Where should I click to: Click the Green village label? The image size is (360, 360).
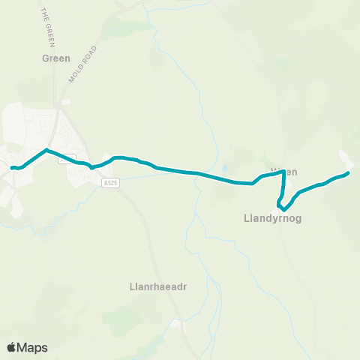(56, 58)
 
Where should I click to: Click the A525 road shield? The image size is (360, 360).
(111, 181)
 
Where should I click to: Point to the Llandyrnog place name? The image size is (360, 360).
(272, 219)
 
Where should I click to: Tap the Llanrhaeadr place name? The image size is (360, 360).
(155, 285)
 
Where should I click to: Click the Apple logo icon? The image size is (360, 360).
(11, 347)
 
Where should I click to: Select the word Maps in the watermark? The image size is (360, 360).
(32, 347)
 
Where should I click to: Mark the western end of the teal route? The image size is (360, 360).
(13, 167)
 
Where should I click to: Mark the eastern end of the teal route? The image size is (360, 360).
(348, 173)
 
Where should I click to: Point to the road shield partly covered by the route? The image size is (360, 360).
(67, 157)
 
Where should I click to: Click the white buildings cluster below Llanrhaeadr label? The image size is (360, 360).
(177, 324)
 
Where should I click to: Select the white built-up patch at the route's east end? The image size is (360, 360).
(346, 159)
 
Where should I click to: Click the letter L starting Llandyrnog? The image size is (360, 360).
(247, 219)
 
